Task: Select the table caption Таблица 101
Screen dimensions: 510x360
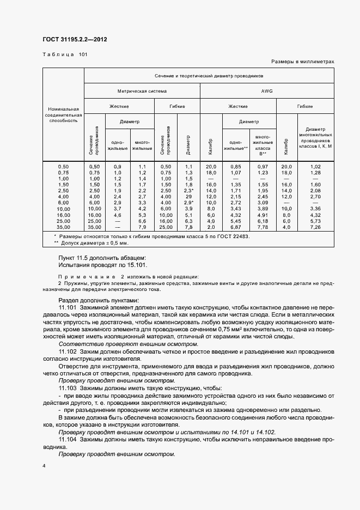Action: tap(64, 54)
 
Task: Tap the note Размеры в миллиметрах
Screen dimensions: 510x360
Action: tap(302, 62)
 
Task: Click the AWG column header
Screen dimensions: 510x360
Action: tap(267, 91)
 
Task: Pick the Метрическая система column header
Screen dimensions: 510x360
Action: tap(142, 91)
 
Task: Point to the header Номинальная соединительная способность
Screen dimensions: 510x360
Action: tap(64, 115)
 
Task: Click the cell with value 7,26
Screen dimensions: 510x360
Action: tap(315, 227)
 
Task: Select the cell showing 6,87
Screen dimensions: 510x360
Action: tap(235, 227)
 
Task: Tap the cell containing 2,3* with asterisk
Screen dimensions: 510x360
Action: tap(189, 191)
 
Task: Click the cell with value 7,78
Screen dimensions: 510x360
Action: tap(263, 227)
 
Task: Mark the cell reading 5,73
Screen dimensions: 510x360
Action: tap(315, 221)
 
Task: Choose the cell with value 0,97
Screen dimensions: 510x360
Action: tap(263, 166)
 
